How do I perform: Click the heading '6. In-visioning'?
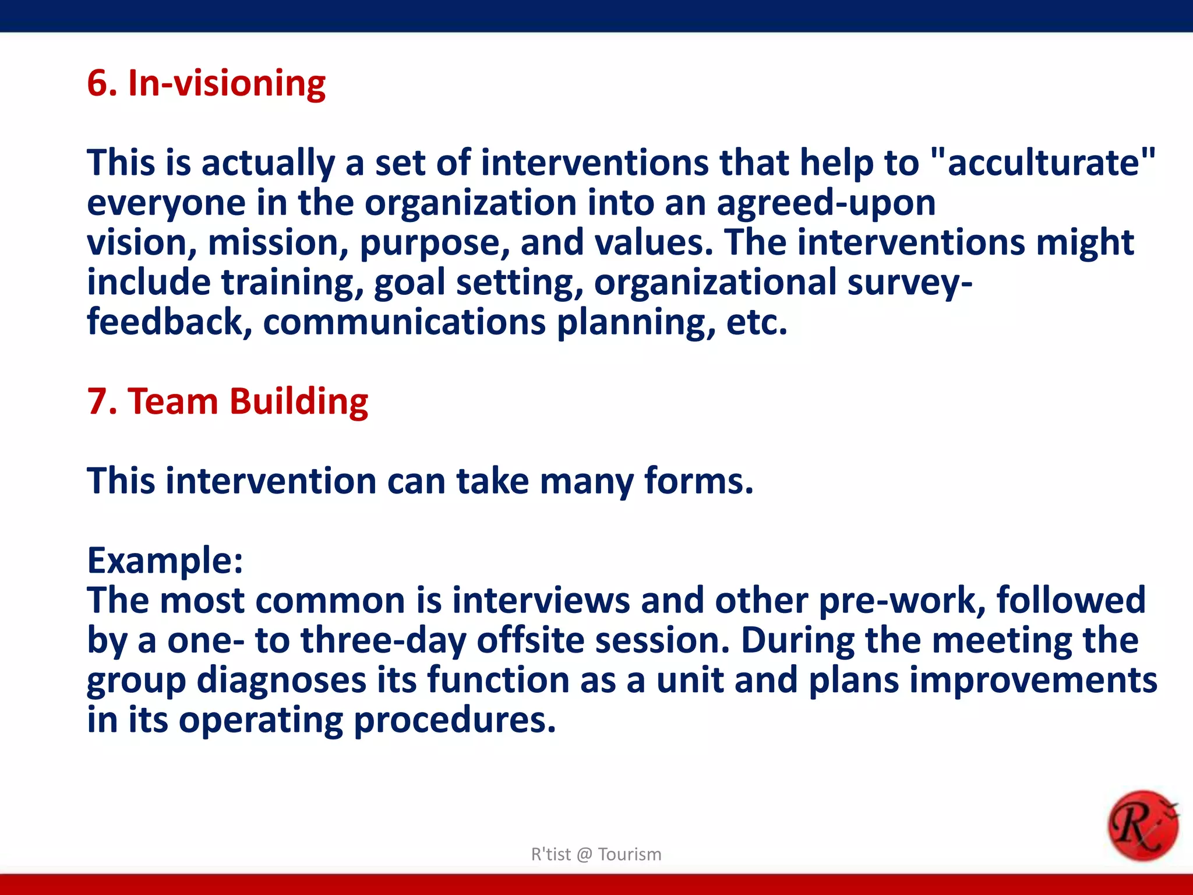pos(206,83)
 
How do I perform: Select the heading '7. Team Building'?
pos(227,401)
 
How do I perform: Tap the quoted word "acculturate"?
pos(1043,163)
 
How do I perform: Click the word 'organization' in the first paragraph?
pos(470,203)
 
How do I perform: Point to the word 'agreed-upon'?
pos(825,203)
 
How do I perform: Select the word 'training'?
pos(292,283)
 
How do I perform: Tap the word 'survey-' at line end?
pos(909,283)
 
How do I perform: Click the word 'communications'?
pos(404,322)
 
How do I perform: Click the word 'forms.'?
pos(698,481)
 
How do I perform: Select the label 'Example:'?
pos(165,561)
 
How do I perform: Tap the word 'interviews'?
pos(541,601)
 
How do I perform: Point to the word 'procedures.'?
pos(454,720)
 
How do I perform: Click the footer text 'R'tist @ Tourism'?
pos(596,854)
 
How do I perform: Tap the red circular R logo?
pos(1142,825)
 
